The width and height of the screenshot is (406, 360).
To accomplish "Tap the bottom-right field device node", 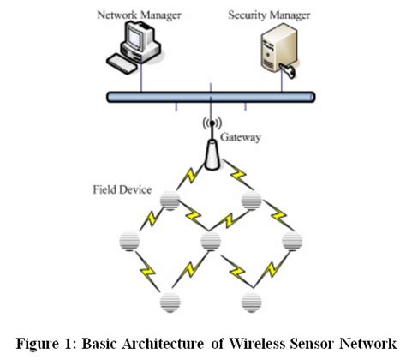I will [x=250, y=301].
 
